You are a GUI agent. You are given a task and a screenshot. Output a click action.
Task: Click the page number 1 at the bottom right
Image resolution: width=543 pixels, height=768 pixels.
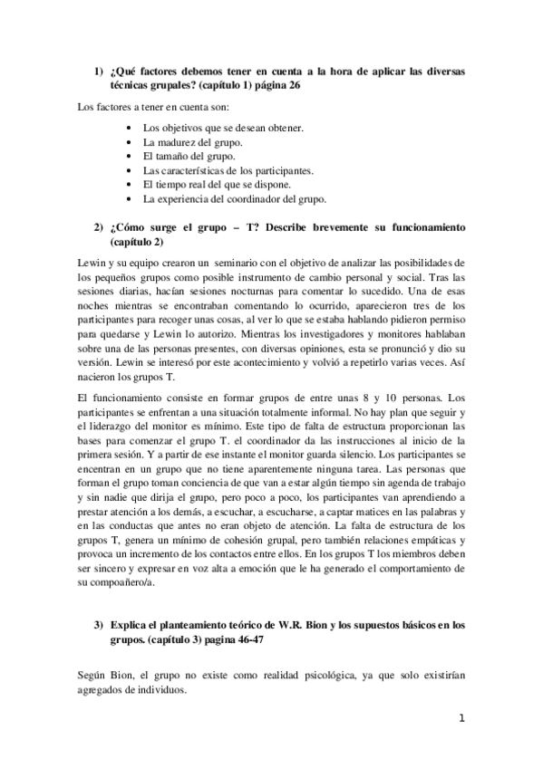pyautogui.click(x=461, y=720)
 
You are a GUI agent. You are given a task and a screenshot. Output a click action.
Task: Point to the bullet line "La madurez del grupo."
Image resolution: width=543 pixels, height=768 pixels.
pyautogui.click(x=192, y=142)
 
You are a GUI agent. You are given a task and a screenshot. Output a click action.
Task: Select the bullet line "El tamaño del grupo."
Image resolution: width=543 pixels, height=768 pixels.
pyautogui.click(x=189, y=156)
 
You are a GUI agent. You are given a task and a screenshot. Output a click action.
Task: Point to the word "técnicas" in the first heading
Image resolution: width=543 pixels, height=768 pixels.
pyautogui.click(x=129, y=84)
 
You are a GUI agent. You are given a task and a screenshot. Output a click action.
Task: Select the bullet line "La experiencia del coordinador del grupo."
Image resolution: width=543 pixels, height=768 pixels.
pyautogui.click(x=235, y=198)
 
